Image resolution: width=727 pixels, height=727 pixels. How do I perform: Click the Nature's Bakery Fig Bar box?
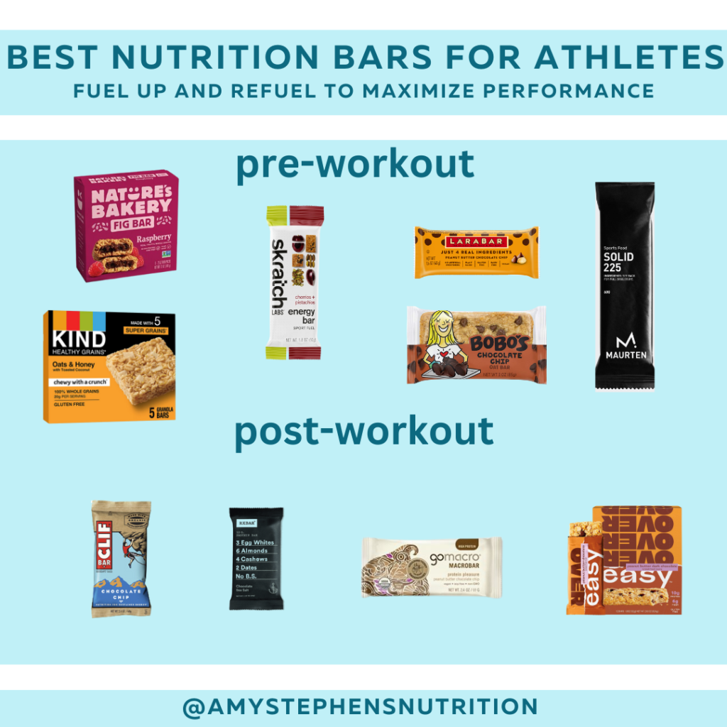126,226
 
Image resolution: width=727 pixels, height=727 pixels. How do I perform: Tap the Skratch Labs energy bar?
295,283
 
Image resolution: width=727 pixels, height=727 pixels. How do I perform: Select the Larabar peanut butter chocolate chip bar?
476,252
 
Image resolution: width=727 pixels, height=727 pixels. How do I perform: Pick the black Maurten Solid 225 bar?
625,285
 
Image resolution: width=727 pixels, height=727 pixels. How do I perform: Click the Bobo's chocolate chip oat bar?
476,345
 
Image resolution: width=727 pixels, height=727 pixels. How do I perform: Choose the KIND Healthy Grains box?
110,366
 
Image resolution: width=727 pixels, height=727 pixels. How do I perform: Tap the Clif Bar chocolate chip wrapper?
121,558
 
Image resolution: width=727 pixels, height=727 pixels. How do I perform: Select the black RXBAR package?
256,558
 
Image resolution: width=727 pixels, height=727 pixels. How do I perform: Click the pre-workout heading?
354,165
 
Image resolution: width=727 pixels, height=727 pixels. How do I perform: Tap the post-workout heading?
363,432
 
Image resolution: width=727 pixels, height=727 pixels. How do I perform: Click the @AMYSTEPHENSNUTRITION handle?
359,707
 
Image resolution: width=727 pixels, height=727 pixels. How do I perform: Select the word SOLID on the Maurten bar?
618,256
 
